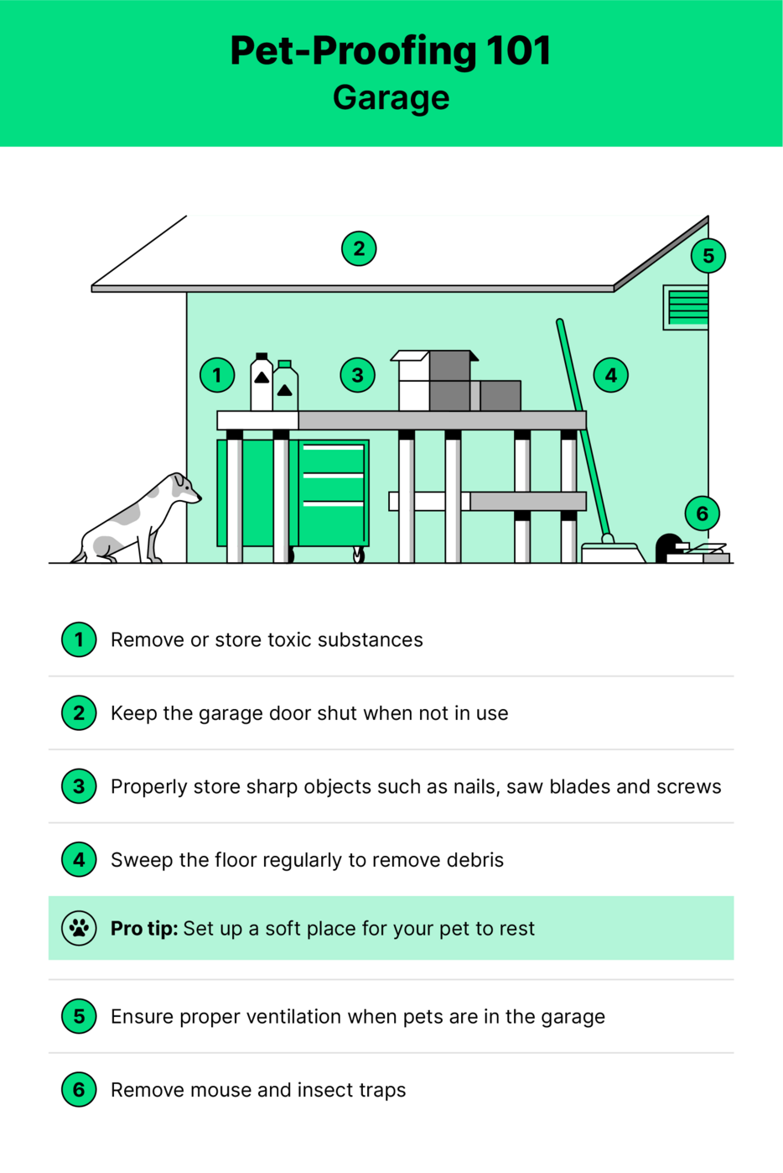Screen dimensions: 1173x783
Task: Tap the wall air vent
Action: click(687, 307)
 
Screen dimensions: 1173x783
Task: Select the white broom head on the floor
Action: click(612, 553)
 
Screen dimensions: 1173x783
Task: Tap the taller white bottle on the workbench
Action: click(262, 383)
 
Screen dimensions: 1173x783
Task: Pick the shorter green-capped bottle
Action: click(285, 387)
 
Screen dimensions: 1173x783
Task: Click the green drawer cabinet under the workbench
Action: click(332, 493)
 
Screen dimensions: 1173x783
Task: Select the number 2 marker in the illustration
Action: click(359, 248)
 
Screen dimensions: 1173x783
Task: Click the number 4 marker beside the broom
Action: click(611, 375)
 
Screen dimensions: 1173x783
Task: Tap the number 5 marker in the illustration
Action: click(708, 255)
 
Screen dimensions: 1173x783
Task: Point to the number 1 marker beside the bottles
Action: click(217, 375)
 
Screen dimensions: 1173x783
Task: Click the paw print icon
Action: click(79, 928)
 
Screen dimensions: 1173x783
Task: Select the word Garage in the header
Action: click(391, 97)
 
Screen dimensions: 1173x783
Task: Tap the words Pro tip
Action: click(143, 928)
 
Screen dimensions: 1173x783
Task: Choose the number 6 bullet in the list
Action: click(79, 1090)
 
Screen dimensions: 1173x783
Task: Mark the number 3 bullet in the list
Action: click(79, 786)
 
